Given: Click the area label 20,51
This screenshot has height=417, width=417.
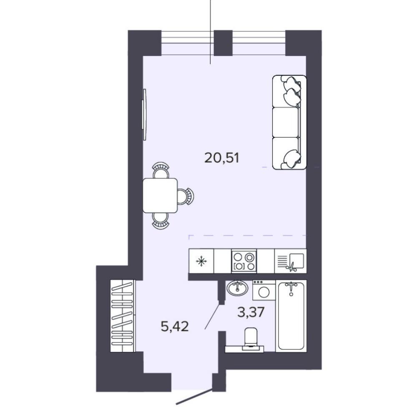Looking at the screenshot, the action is [x=222, y=158].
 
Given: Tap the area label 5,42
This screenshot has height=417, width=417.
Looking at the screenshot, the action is [x=175, y=326].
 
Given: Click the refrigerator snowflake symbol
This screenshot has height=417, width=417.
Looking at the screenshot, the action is [x=201, y=261].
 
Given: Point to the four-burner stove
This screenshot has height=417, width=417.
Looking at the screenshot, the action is [x=244, y=261].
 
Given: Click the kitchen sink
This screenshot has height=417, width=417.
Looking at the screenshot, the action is [x=290, y=261].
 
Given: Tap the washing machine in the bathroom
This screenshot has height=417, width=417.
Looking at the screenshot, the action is [x=264, y=290].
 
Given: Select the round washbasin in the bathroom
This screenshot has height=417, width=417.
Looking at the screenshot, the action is [x=238, y=288].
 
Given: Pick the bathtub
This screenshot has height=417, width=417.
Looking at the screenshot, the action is [x=291, y=316].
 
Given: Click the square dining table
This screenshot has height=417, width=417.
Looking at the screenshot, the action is [x=160, y=196].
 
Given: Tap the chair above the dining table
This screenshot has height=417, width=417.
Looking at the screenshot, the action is [x=161, y=171].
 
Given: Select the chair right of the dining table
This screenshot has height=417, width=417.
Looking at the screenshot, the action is [x=186, y=196].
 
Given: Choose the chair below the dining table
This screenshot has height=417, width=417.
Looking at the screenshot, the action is [x=161, y=221].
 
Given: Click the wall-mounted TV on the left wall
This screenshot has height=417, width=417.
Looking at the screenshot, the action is [x=144, y=114].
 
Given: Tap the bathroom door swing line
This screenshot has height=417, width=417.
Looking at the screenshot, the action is [x=212, y=317].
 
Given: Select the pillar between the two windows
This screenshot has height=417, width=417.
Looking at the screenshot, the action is [x=224, y=43].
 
